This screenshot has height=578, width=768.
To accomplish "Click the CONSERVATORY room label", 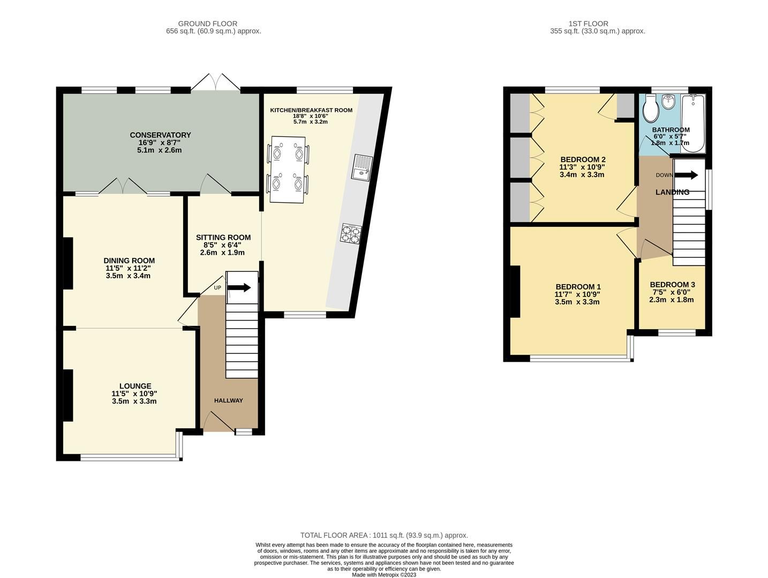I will pyautogui.click(x=160, y=135).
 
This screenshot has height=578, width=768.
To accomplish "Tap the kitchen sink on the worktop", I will pyautogui.click(x=362, y=166).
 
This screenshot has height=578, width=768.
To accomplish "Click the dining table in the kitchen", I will pyautogui.click(x=288, y=169).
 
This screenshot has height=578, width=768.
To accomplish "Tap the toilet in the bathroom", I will pyautogui.click(x=651, y=109).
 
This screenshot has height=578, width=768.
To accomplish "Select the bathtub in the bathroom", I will pyautogui.click(x=693, y=122).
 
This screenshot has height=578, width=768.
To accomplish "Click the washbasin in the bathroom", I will pyautogui.click(x=668, y=101).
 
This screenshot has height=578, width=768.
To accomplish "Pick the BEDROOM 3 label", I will pyautogui.click(x=672, y=285).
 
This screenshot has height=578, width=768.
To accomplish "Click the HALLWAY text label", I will pyautogui.click(x=229, y=400).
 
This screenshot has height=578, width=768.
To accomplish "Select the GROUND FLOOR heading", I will pyautogui.click(x=208, y=24).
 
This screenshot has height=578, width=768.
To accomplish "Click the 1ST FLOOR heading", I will pyautogui.click(x=589, y=24).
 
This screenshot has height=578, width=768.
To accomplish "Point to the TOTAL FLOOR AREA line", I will pyautogui.click(x=384, y=535).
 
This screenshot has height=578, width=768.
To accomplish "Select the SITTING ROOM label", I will pyautogui.click(x=223, y=238).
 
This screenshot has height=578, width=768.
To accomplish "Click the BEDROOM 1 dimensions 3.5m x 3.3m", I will pyautogui.click(x=577, y=302).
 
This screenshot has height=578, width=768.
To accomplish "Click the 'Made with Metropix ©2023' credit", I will pyautogui.click(x=384, y=575).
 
